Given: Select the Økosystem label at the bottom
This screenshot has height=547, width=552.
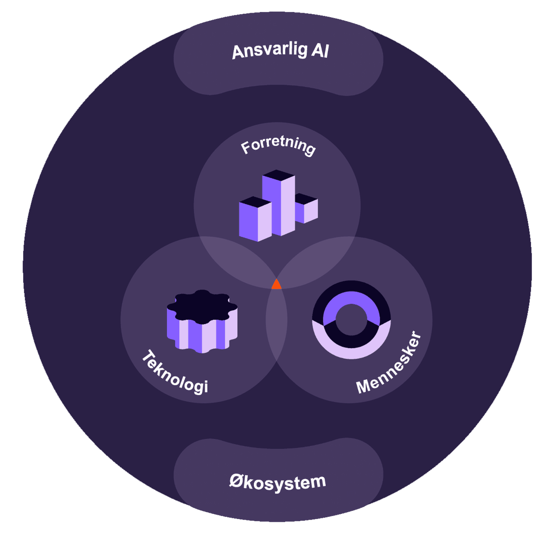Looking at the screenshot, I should click(278, 482).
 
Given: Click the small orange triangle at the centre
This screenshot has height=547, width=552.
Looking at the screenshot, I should click(276, 285).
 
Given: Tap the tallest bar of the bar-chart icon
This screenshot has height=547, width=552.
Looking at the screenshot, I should click(279, 207).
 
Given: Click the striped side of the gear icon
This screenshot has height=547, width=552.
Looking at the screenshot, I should click(202, 335).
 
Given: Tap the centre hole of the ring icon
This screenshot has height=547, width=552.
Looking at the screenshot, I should click(351, 319).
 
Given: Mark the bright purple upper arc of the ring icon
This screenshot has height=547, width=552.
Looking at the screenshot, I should click(351, 298).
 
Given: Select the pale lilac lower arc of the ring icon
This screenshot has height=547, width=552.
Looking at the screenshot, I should click(351, 352).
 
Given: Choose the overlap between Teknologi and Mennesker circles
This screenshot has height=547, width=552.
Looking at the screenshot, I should click(276, 321).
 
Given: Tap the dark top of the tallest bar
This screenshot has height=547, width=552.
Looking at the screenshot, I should click(278, 175).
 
